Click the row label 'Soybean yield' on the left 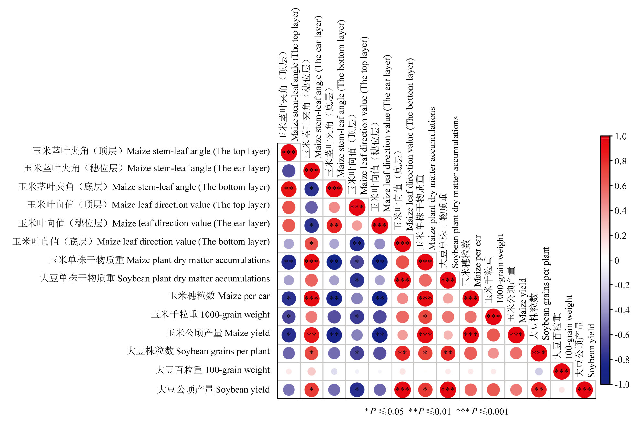213,390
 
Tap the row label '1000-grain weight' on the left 210,314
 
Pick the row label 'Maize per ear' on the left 219,296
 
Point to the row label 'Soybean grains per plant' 198,351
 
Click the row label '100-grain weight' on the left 212,370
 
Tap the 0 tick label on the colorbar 617,260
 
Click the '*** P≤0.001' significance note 482,411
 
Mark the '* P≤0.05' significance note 384,411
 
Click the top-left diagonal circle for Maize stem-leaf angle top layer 289,152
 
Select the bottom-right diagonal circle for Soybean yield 584,390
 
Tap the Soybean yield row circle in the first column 289,390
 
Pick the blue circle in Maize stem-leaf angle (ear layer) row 289,171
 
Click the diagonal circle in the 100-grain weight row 562,371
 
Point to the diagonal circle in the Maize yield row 516,335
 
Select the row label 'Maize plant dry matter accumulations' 159,260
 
